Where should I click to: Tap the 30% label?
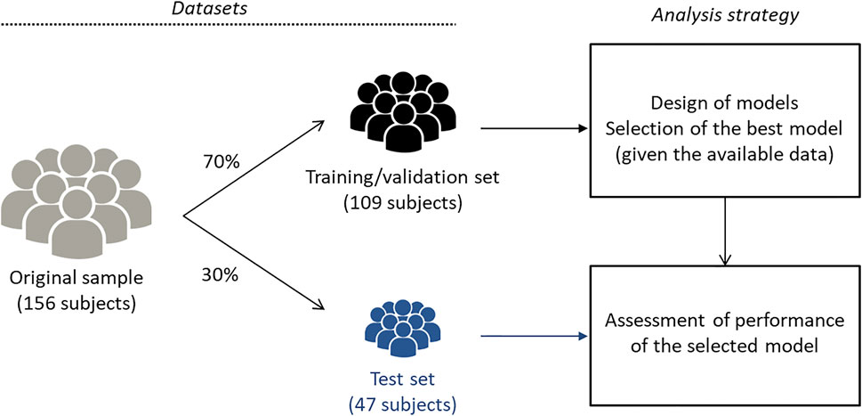[221, 275]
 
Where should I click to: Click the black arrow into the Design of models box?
[534, 126]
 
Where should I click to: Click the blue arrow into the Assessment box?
[534, 337]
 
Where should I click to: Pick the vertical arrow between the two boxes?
[727, 232]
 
